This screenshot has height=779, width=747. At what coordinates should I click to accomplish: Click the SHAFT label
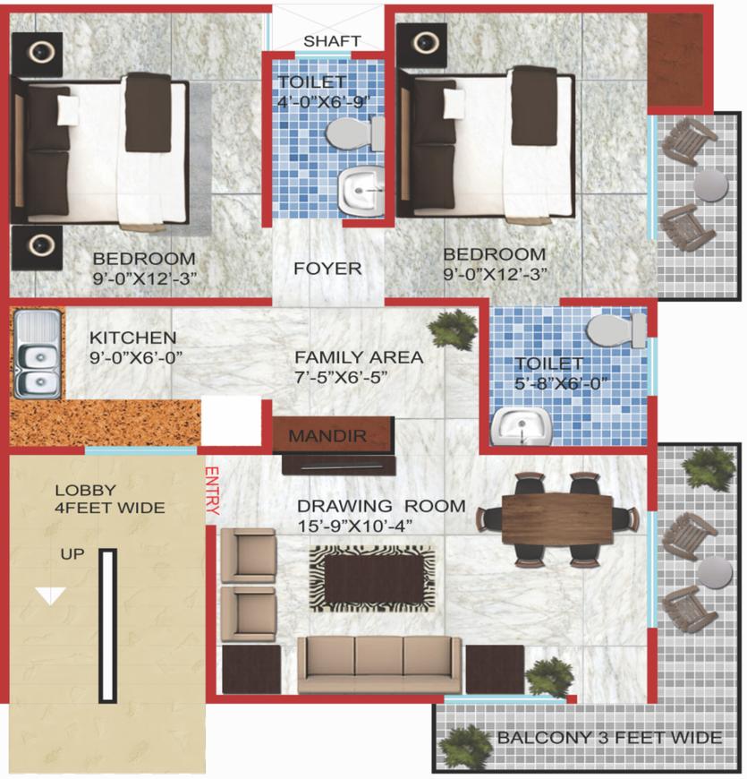pos(332,41)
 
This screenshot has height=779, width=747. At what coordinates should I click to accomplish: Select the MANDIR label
pos(327,437)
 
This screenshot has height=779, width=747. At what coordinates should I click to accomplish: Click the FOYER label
pos(328,269)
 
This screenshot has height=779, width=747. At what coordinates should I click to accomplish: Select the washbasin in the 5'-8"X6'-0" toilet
pos(521,428)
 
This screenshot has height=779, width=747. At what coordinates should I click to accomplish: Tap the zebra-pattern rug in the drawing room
pos(372,579)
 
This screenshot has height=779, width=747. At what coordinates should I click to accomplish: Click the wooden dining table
pos(556,518)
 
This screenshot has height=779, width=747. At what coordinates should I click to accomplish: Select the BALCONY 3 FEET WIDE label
pos(609,738)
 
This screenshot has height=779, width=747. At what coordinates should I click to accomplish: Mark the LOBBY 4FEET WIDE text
pos(109,499)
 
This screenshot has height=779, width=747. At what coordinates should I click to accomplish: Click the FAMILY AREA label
pos(359,357)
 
